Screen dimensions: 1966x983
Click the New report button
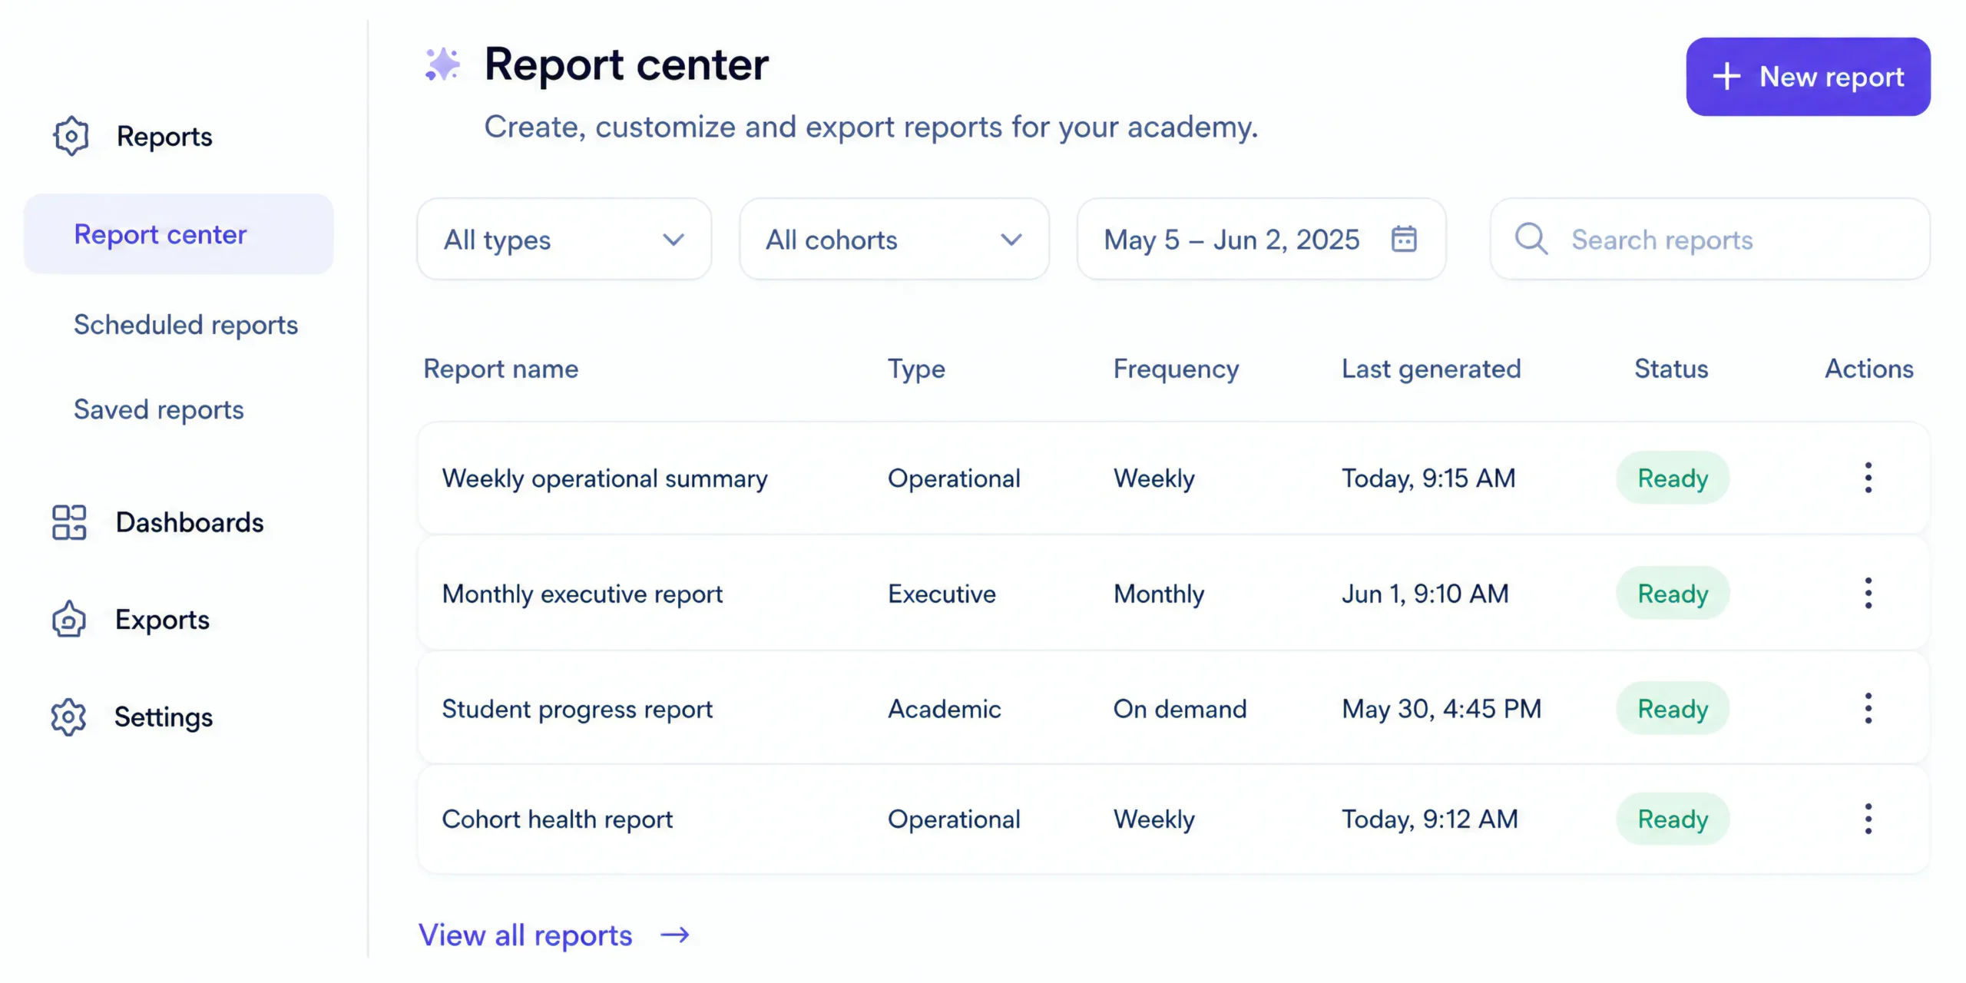point(1808,77)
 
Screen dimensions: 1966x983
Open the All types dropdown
point(564,240)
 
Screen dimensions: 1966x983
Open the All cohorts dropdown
point(894,240)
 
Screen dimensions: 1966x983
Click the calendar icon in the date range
point(1404,239)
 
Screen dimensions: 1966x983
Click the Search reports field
point(1709,240)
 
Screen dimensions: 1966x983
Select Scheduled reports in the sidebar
point(186,325)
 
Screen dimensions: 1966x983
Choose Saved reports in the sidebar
point(159,409)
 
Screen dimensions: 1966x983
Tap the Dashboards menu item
point(190,522)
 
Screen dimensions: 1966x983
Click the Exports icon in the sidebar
point(69,619)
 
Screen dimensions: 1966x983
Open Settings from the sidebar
point(164,717)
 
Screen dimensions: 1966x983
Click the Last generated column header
point(1431,369)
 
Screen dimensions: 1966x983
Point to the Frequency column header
point(1176,369)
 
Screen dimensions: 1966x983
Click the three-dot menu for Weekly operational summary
point(1868,478)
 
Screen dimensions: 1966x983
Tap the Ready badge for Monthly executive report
point(1673,593)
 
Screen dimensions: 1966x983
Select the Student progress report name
point(578,709)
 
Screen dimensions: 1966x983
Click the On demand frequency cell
point(1180,709)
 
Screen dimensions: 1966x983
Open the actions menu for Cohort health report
point(1868,819)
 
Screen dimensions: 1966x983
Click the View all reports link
point(554,935)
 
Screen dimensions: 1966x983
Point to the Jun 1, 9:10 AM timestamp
point(1425,594)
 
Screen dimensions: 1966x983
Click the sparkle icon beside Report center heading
point(443,65)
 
